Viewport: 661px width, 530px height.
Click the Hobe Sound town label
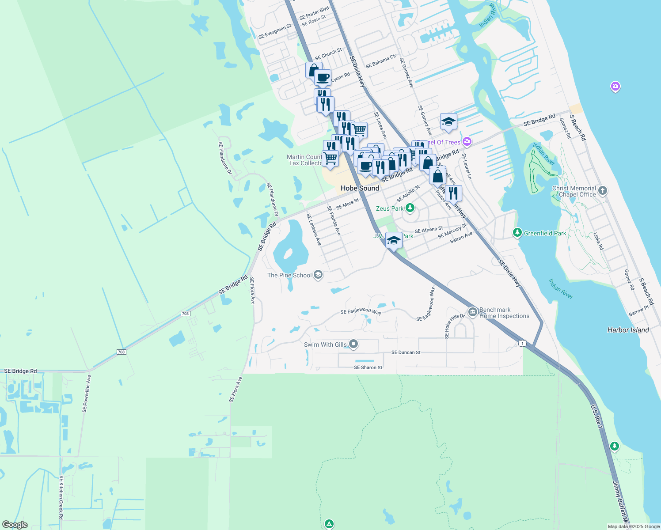(x=360, y=188)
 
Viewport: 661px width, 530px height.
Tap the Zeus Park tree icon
(x=410, y=208)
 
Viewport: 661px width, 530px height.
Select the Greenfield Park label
(x=545, y=233)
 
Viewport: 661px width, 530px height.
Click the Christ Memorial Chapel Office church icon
(x=602, y=191)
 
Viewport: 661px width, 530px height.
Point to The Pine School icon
(x=318, y=275)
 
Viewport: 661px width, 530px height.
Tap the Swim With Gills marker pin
(x=353, y=344)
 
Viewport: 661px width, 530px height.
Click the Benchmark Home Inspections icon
(x=472, y=313)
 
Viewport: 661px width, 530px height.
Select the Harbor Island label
(x=628, y=330)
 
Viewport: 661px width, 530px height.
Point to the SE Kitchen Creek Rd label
(x=61, y=497)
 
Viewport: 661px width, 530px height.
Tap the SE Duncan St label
(x=406, y=352)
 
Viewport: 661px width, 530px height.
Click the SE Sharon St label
(x=368, y=367)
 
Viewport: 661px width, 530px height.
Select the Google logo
(x=15, y=525)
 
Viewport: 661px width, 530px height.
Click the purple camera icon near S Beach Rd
(x=615, y=86)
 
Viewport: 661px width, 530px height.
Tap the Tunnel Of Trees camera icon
(x=467, y=142)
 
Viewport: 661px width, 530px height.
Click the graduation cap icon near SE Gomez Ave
(x=448, y=121)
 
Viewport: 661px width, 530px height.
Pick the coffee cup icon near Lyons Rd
(x=323, y=77)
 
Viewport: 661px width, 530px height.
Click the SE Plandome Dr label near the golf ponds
(x=225, y=158)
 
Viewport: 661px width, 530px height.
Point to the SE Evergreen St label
(x=274, y=31)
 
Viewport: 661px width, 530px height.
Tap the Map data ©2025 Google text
(x=634, y=526)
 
